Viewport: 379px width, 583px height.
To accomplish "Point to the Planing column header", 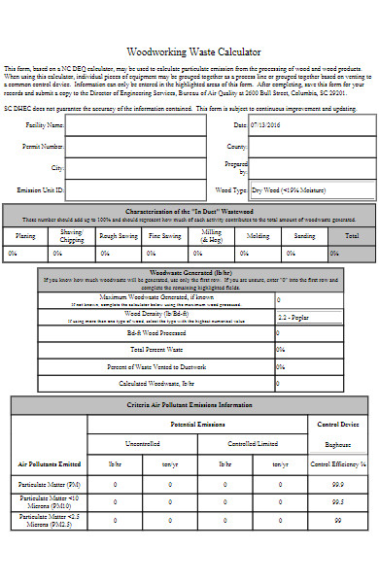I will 26,236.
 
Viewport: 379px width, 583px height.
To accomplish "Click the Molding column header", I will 258,236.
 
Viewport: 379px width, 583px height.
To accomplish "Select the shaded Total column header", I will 352,236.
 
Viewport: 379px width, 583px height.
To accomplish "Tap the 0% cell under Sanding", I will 305,254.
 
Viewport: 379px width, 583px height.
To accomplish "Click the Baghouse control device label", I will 338,443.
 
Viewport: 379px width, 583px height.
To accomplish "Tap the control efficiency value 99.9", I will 338,484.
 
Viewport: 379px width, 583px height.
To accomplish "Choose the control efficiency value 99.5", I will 338,502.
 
